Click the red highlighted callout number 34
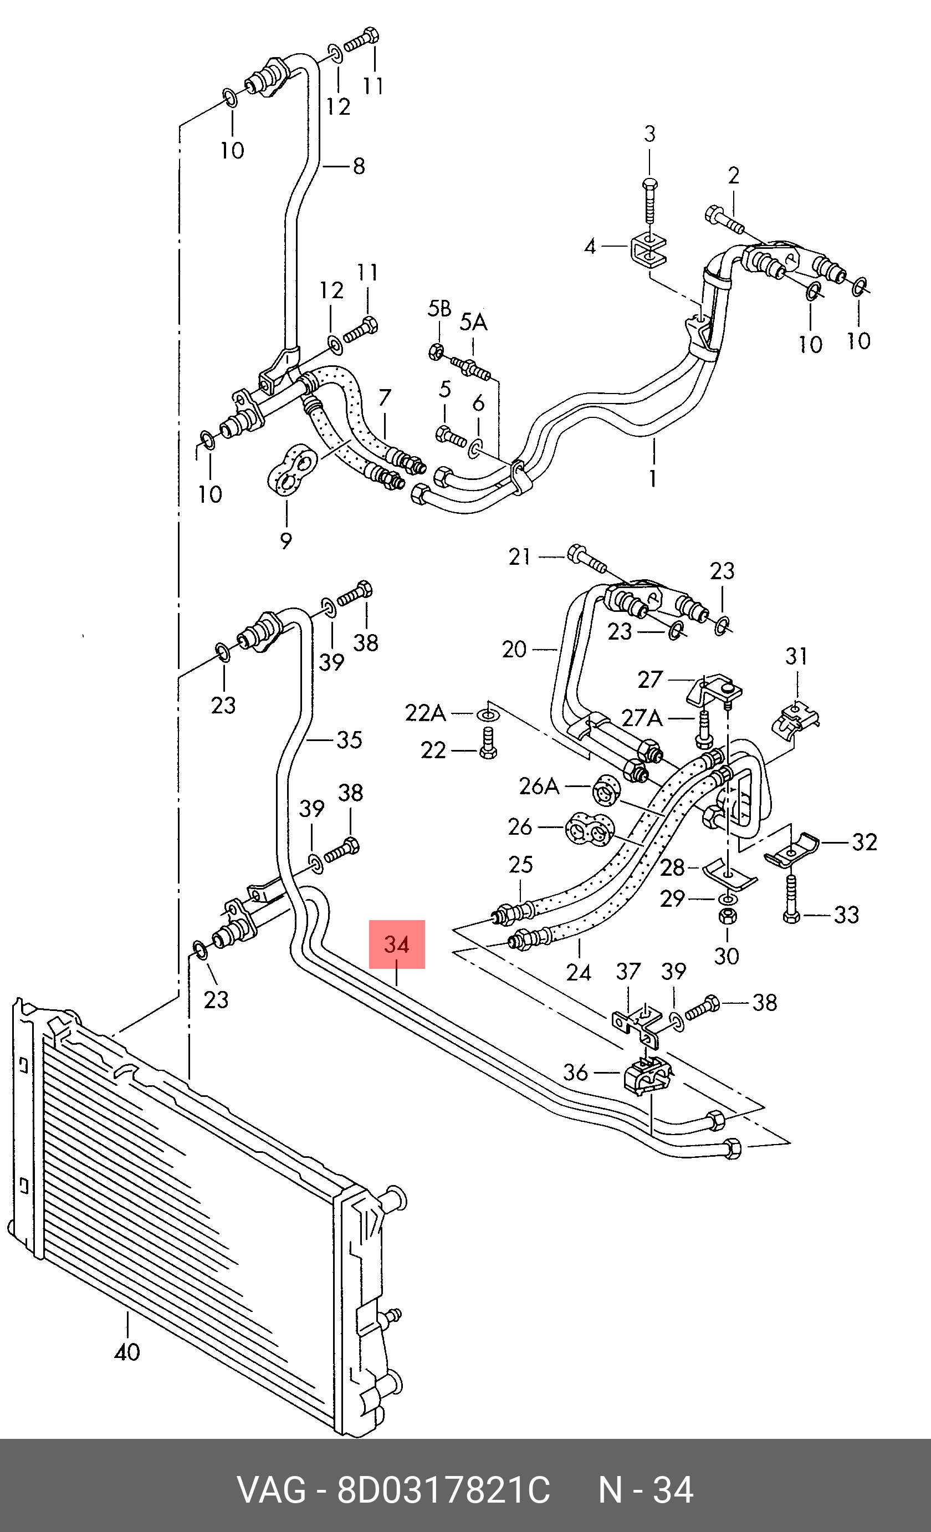[x=397, y=944]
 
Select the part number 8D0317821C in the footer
[x=443, y=1491]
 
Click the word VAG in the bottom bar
[x=271, y=1491]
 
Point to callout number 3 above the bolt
[x=649, y=134]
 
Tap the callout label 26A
[x=539, y=787]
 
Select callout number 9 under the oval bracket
[x=286, y=540]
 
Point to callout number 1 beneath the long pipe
[x=653, y=478]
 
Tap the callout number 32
[x=864, y=842]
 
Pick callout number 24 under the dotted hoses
[x=579, y=972]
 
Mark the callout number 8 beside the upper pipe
[x=359, y=166]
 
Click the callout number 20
[x=514, y=650]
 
